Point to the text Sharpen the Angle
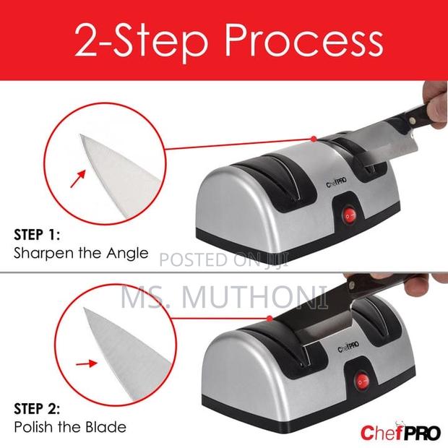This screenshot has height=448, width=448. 81,254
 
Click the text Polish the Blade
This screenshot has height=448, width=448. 70,426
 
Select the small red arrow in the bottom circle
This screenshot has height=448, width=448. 85,363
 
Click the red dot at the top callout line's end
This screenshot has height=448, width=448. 313,137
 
